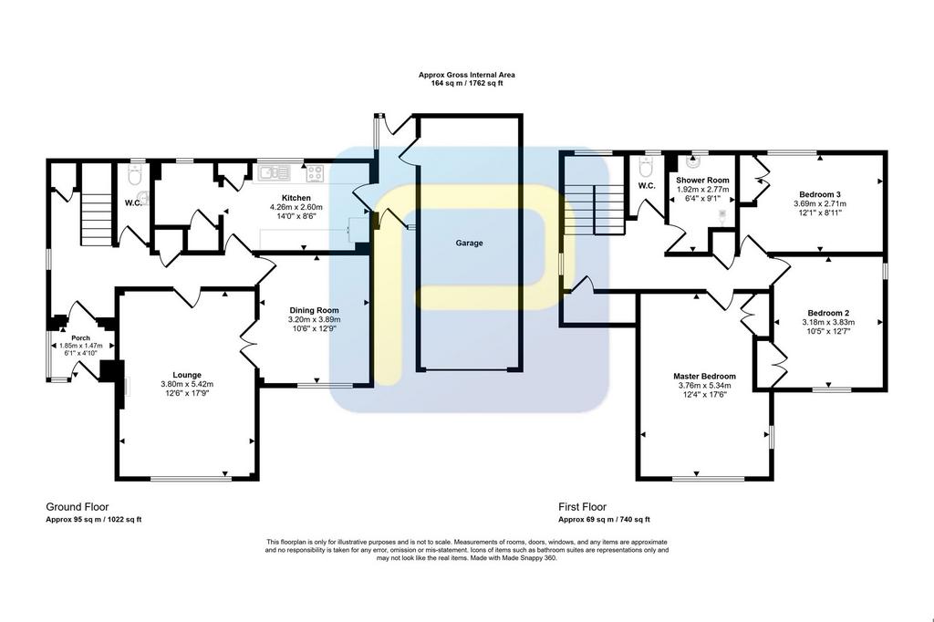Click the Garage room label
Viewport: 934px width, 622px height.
click(469, 244)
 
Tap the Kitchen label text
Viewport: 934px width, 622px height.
click(296, 198)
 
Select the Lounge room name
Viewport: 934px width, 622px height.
click(187, 375)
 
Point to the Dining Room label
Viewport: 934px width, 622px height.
click(314, 310)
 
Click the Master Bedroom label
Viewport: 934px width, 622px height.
click(704, 377)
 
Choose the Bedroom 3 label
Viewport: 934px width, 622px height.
click(820, 194)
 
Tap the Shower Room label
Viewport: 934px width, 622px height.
click(702, 180)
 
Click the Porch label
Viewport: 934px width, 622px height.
click(80, 337)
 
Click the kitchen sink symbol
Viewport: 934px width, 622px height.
click(275, 172)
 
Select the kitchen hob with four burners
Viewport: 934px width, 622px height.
click(315, 173)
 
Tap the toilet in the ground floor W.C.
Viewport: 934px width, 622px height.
click(135, 174)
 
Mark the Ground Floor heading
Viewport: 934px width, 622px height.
click(78, 507)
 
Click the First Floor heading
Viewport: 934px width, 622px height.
click(582, 507)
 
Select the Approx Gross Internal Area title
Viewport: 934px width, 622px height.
click(466, 75)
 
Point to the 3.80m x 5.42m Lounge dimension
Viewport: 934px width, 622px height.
click(187, 384)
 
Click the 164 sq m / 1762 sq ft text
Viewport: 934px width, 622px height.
click(467, 83)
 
